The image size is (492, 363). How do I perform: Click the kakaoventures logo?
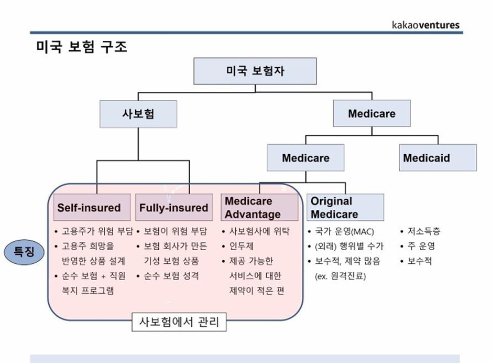[x=425, y=25]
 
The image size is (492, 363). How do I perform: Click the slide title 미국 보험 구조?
[x=82, y=47]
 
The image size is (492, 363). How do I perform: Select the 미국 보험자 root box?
[x=255, y=71]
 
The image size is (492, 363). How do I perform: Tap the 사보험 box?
[x=138, y=114]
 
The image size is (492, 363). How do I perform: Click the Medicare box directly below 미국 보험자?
[x=372, y=113]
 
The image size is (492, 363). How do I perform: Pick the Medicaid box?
[x=438, y=158]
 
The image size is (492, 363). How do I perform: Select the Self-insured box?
[x=92, y=207]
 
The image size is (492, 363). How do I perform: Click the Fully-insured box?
[x=174, y=207]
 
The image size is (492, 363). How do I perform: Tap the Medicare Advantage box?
[x=259, y=207]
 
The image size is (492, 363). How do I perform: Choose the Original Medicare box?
[x=345, y=207]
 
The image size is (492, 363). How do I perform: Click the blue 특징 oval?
[x=24, y=252]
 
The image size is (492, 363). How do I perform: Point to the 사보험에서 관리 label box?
[x=179, y=322]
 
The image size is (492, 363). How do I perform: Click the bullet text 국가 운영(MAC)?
[x=344, y=232]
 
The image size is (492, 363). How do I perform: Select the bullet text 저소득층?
[x=423, y=231]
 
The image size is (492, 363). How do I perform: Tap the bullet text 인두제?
[x=242, y=246]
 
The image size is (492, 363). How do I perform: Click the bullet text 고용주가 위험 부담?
[x=97, y=231]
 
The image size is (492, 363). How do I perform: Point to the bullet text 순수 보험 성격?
[x=171, y=276]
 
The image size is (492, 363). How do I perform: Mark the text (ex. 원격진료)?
[x=340, y=276]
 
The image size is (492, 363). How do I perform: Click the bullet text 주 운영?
[x=421, y=246]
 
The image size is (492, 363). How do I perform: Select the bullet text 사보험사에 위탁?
[x=259, y=231]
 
